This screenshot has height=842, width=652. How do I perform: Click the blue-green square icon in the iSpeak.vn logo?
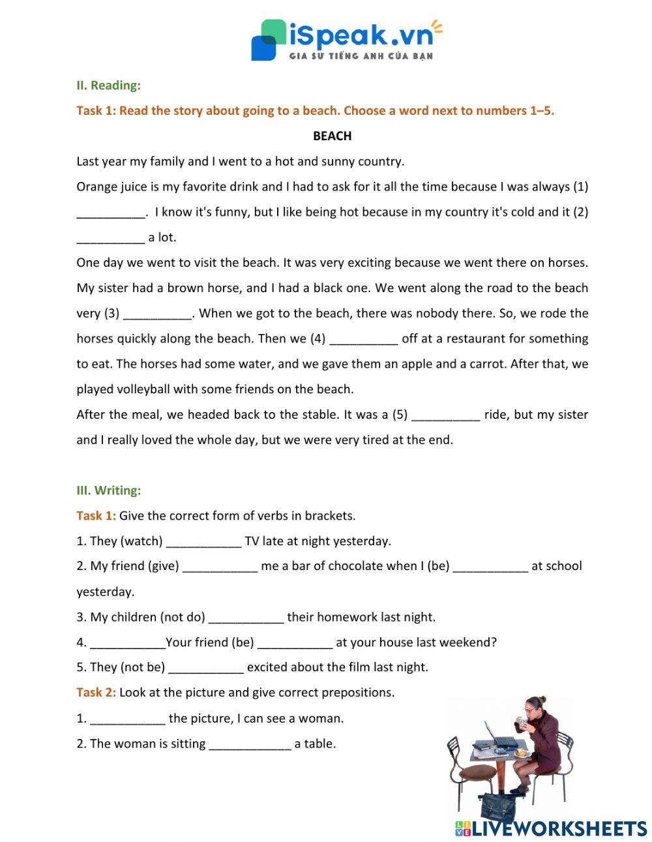click(268, 40)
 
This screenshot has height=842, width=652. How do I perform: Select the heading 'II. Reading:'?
click(108, 85)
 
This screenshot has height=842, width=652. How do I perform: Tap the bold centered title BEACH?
click(332, 136)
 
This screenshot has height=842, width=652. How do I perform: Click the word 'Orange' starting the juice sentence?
click(96, 187)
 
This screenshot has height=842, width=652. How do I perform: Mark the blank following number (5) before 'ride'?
click(446, 415)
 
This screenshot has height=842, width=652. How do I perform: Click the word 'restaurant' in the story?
click(480, 338)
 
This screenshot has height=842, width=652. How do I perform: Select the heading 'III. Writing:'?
click(108, 490)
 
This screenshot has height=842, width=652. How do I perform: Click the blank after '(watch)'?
click(203, 542)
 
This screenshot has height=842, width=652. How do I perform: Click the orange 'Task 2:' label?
click(96, 693)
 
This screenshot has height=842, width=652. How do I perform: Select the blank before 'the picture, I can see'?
click(127, 719)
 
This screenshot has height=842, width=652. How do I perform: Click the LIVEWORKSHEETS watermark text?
click(558, 828)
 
